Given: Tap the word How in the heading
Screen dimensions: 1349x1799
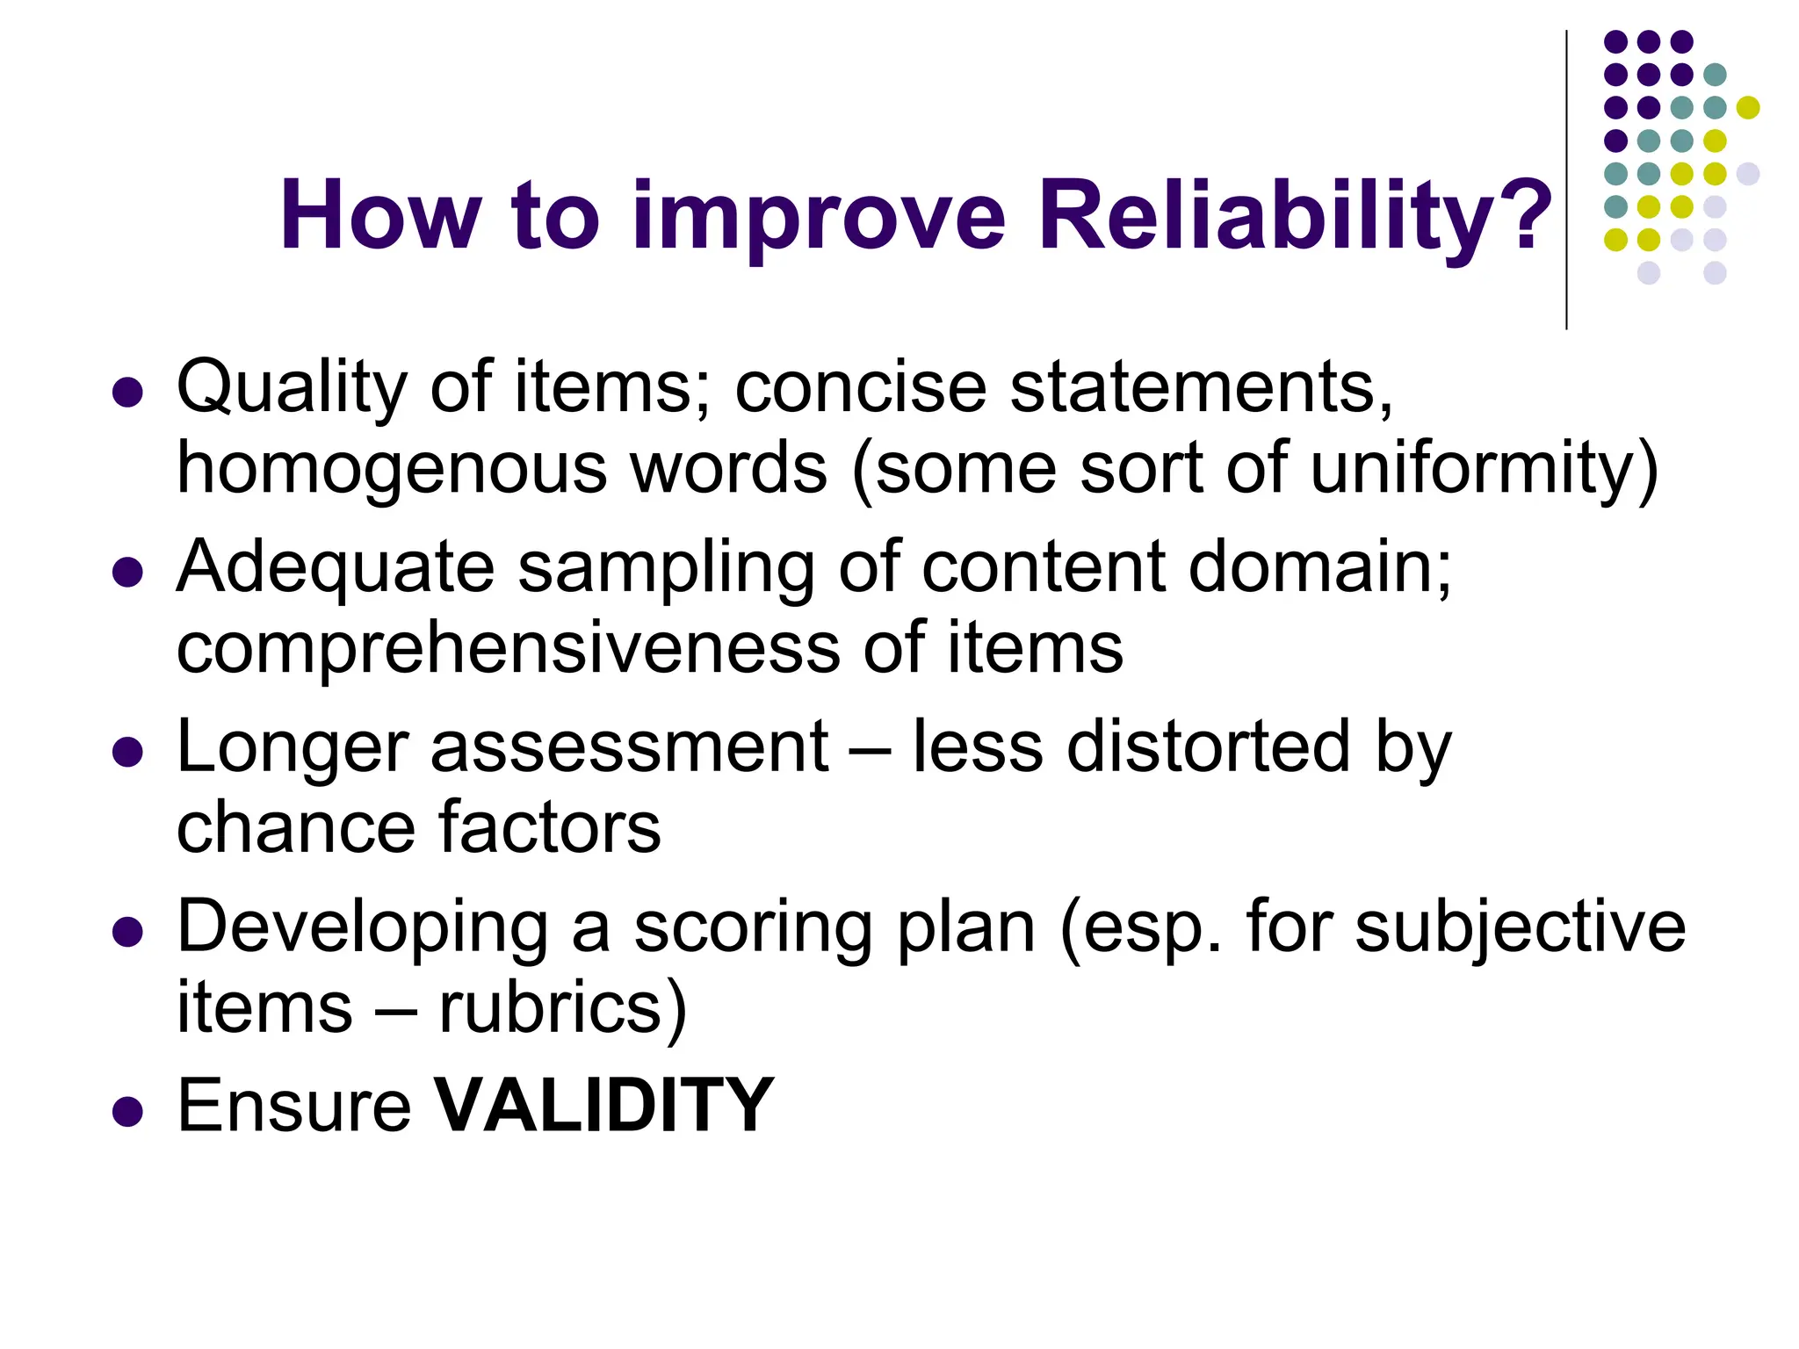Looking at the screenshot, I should pos(380,216).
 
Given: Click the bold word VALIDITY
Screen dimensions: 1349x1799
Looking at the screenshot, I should pos(604,1105).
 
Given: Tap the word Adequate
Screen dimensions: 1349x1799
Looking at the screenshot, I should pos(336,568).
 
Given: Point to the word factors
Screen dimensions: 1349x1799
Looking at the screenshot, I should pos(549,827).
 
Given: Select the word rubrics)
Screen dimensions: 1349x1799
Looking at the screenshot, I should pos(562,1008).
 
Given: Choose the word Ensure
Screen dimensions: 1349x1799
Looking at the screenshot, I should pos(293,1105).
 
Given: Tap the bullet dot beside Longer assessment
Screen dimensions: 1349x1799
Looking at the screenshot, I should pos(128,753).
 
